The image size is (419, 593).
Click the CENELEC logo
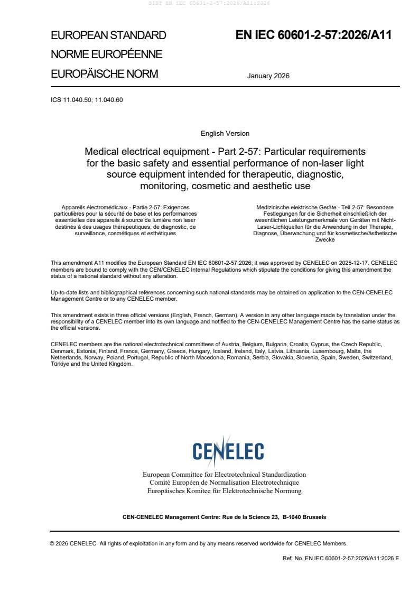[228, 451]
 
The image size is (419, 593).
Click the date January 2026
[268, 76]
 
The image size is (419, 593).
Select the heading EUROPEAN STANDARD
[108, 35]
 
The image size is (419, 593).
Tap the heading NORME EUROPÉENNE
[106, 54]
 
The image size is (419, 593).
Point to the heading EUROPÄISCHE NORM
[104, 73]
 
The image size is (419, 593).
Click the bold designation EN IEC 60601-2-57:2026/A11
[313, 35]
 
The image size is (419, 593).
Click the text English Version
[225, 134]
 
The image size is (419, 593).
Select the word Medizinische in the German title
[275, 207]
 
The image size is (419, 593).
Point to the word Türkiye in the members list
[60, 364]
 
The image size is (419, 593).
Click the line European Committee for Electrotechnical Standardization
[224, 475]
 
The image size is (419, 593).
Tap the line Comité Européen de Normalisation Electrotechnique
[224, 483]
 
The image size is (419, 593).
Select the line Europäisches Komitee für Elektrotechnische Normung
[224, 490]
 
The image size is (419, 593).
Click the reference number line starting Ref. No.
[341, 558]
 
